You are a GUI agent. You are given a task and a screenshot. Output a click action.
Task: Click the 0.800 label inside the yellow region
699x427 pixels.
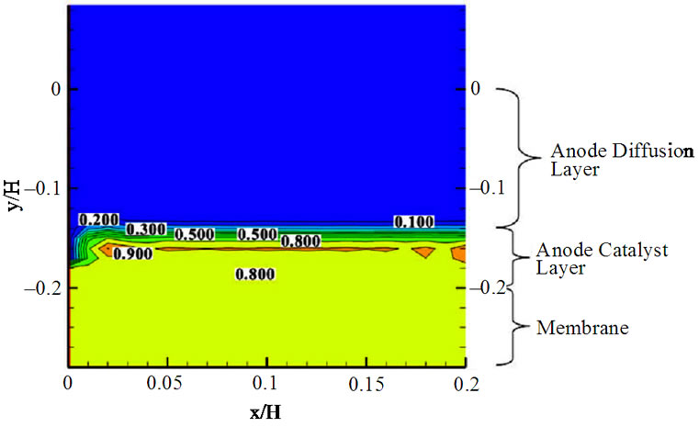pos(254,274)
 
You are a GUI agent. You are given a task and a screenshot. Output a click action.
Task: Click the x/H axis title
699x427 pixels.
pos(267,410)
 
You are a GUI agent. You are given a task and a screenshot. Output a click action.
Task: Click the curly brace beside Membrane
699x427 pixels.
pos(514,325)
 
